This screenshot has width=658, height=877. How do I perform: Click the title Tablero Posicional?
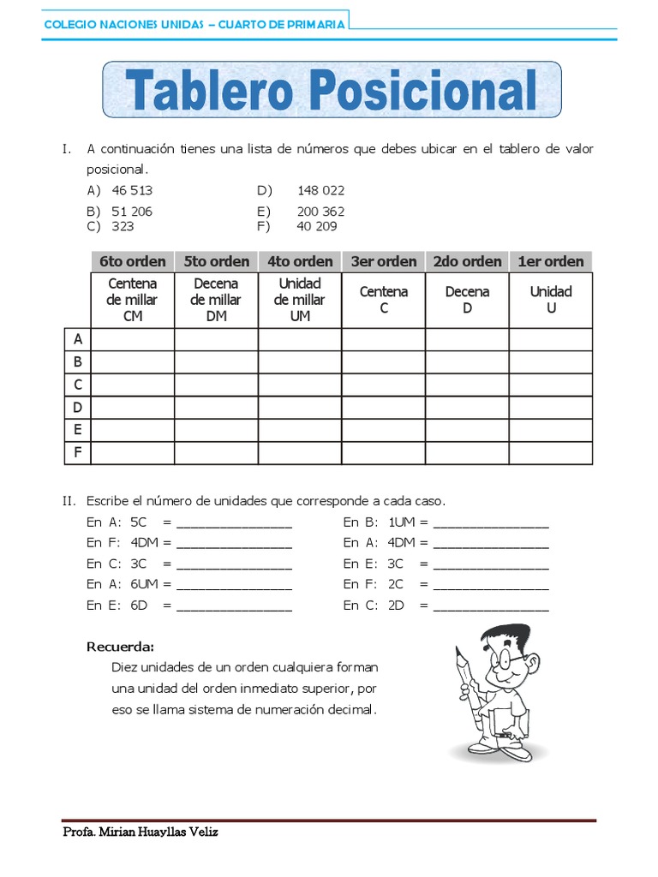[332, 90]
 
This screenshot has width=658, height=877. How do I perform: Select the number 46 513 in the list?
[132, 190]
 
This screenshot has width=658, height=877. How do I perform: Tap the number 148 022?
[320, 190]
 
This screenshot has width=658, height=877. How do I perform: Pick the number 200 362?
[320, 212]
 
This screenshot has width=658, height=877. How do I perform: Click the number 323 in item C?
[123, 226]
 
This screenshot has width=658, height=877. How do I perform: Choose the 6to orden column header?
[133, 261]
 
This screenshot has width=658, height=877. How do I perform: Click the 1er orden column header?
[551, 261]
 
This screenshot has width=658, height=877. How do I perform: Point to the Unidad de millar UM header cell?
[300, 300]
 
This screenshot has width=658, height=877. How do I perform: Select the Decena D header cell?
[468, 300]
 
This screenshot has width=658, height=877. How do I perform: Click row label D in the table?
[77, 408]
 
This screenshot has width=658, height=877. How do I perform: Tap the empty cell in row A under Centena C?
[384, 340]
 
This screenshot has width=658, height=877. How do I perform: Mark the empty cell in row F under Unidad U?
[551, 452]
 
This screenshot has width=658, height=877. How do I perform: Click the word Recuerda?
[121, 646]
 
